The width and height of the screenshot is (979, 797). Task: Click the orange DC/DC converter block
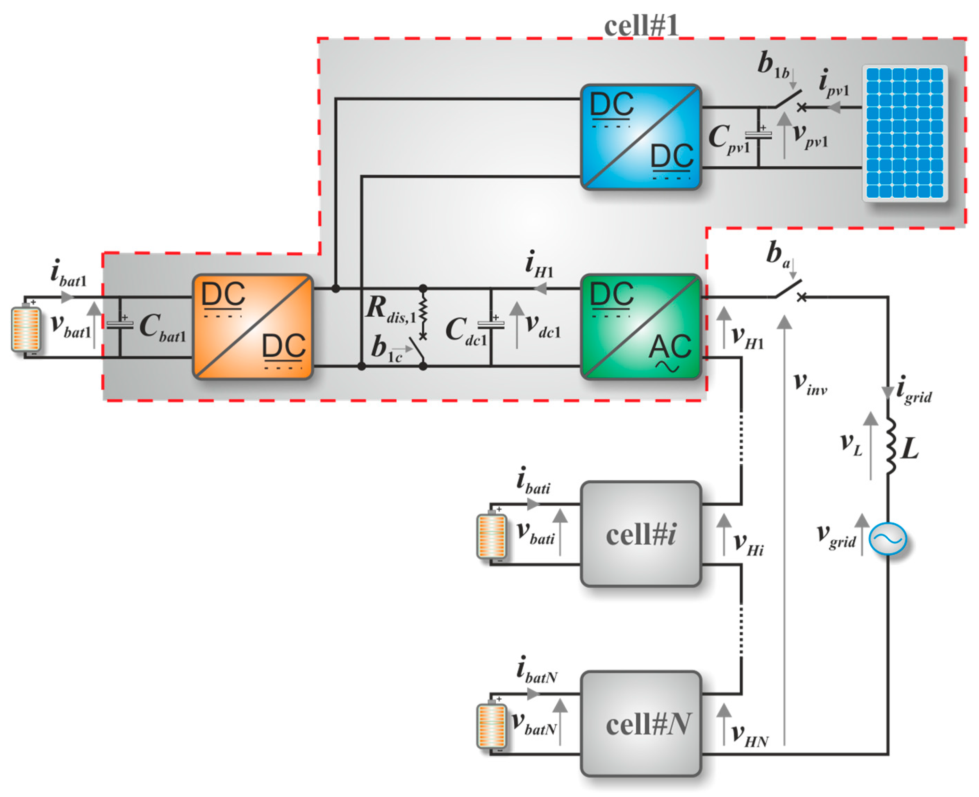pos(252,327)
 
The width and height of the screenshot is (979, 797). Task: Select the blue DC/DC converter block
pos(641,137)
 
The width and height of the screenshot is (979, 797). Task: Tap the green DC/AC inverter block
pos(641,327)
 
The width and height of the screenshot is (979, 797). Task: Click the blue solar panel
pos(905,133)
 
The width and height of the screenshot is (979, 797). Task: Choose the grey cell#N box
pos(641,724)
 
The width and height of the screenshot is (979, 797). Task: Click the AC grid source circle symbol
pos(888,539)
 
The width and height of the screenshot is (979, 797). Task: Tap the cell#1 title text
pos(641,26)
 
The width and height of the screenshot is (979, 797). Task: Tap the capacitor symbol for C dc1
pos(491,325)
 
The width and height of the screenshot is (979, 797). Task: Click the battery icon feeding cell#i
pos(491,535)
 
